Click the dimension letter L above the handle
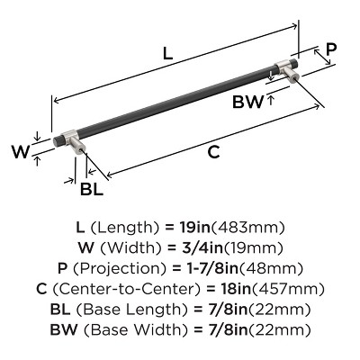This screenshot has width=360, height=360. (x=167, y=54)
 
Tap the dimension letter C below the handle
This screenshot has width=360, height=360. (x=213, y=152)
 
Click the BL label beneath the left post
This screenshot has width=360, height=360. (x=92, y=189)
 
